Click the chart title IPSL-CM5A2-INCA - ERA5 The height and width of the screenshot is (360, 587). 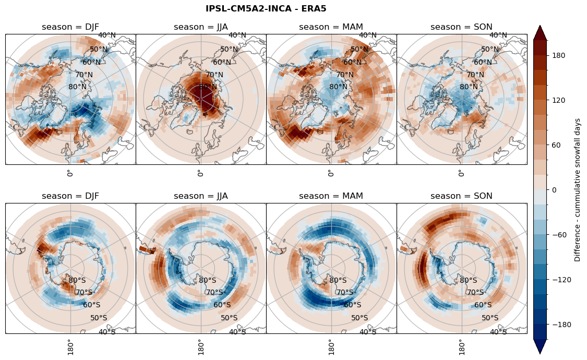click(266, 8)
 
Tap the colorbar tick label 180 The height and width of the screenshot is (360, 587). click(559, 55)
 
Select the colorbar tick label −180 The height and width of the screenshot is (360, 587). click(561, 325)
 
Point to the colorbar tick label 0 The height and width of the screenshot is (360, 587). click(555, 190)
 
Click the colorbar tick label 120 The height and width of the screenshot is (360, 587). click(559, 100)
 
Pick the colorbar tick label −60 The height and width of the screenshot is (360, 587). click(559, 235)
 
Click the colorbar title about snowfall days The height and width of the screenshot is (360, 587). click(577, 190)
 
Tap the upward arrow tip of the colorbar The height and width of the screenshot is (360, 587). click(540, 26)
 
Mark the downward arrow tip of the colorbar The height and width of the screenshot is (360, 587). click(540, 353)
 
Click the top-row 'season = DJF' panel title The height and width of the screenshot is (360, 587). click(70, 27)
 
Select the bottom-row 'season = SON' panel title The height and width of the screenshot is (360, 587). click(461, 196)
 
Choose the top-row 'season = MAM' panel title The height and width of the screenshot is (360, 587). click(331, 27)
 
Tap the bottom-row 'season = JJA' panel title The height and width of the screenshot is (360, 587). click(201, 196)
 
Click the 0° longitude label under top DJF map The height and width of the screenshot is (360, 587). click(69, 173)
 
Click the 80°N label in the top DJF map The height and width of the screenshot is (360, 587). click(77, 87)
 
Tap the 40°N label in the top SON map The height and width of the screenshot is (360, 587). click(498, 35)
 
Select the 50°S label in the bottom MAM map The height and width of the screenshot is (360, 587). click(360, 318)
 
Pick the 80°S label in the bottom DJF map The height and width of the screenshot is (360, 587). click(77, 281)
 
